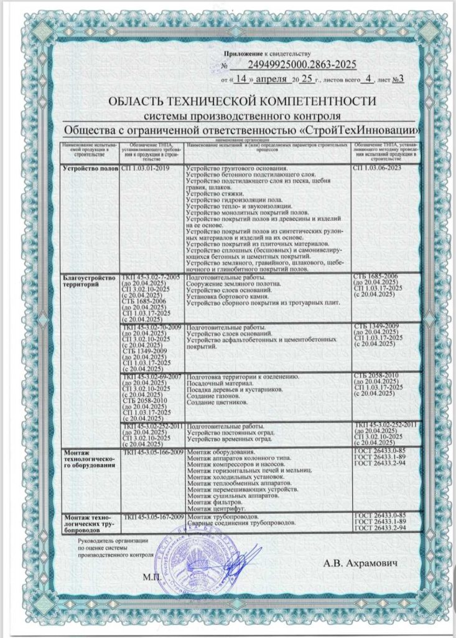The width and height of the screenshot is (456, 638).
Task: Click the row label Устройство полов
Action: pos(90,169)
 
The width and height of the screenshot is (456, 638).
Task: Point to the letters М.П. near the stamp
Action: pos(152,577)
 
